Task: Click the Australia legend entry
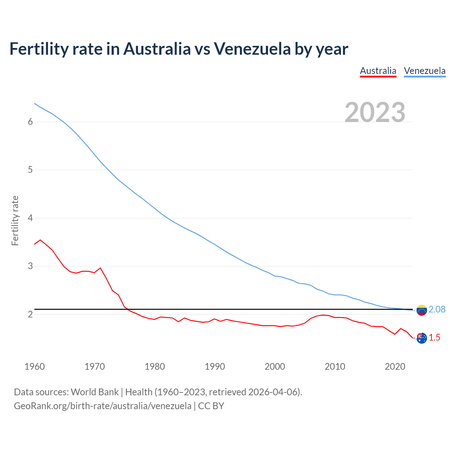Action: pyautogui.click(x=378, y=71)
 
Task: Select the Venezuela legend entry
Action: pyautogui.click(x=424, y=71)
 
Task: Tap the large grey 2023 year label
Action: pyautogui.click(x=375, y=112)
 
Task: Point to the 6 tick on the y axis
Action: pyautogui.click(x=30, y=122)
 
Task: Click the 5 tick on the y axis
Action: pyautogui.click(x=30, y=170)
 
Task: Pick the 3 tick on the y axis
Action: pyautogui.click(x=30, y=266)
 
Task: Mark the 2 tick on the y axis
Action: pyautogui.click(x=30, y=314)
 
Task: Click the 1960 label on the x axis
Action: pyautogui.click(x=34, y=366)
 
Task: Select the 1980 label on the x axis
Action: pyautogui.click(x=155, y=366)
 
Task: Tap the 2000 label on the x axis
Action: pyautogui.click(x=275, y=366)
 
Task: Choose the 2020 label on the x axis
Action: pyautogui.click(x=395, y=366)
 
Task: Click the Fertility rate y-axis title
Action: pyautogui.click(x=15, y=220)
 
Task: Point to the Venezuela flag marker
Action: pyautogui.click(x=422, y=310)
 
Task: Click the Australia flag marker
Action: pyautogui.click(x=422, y=338)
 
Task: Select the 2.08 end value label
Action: pyautogui.click(x=437, y=310)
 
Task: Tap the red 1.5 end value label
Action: pyautogui.click(x=434, y=338)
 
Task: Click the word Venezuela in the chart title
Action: pyautogui.click(x=252, y=49)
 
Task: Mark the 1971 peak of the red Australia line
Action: pyautogui.click(x=100, y=268)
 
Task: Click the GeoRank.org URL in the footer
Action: pyautogui.click(x=102, y=406)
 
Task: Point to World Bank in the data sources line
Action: pyautogui.click(x=95, y=392)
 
